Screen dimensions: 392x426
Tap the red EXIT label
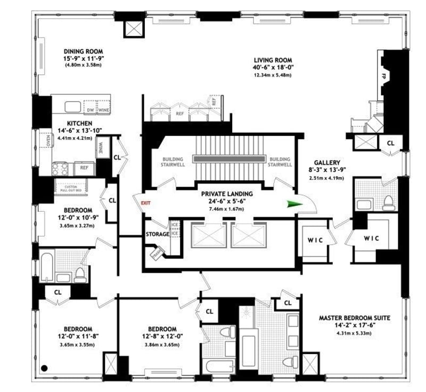pos(145,203)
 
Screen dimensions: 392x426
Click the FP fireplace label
pos(382,76)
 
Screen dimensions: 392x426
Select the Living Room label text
pos(273,60)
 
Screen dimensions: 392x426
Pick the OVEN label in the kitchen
pos(47,141)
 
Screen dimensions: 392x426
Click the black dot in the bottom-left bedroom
pos(45,367)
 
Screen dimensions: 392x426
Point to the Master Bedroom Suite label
pos(354,318)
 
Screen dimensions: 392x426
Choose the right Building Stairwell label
pos(280,162)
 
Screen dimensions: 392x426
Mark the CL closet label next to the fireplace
pos(390,143)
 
